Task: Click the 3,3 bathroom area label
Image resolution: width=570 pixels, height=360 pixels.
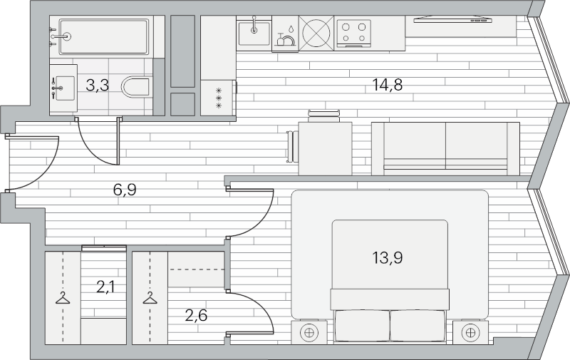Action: pos(98,86)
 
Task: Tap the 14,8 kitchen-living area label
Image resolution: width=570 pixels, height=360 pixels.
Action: pos(388,85)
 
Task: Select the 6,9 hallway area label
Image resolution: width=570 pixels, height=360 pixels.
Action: pos(125,190)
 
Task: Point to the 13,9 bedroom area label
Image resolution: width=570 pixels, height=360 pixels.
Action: pos(388,258)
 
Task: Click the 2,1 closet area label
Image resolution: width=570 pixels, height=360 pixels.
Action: pos(105,287)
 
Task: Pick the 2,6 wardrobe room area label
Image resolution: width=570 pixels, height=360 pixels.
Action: pos(196,315)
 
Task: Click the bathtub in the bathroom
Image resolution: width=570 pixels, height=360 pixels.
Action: pos(104,36)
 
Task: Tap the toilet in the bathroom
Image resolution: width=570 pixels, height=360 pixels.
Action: pos(136,87)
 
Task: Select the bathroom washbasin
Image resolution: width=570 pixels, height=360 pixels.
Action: pos(63,88)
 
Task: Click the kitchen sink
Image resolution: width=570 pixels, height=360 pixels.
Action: pos(254,33)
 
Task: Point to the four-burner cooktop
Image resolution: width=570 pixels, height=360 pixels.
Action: pos(353,32)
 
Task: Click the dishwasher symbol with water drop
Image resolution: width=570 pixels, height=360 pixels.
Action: pos(285,34)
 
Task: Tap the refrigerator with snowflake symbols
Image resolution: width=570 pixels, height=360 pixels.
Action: pos(219,98)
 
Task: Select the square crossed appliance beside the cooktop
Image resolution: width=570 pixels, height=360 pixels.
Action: pos(316,33)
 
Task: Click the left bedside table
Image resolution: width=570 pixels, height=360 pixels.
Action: pos(309,332)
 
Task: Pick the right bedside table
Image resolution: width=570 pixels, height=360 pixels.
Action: pos(470,332)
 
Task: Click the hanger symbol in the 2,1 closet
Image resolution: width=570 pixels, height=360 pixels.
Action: pos(63,298)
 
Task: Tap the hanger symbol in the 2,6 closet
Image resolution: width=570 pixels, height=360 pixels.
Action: pos(150,298)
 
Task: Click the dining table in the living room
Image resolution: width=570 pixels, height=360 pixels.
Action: pos(325,148)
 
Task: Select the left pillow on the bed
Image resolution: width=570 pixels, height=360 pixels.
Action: pos(362,326)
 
